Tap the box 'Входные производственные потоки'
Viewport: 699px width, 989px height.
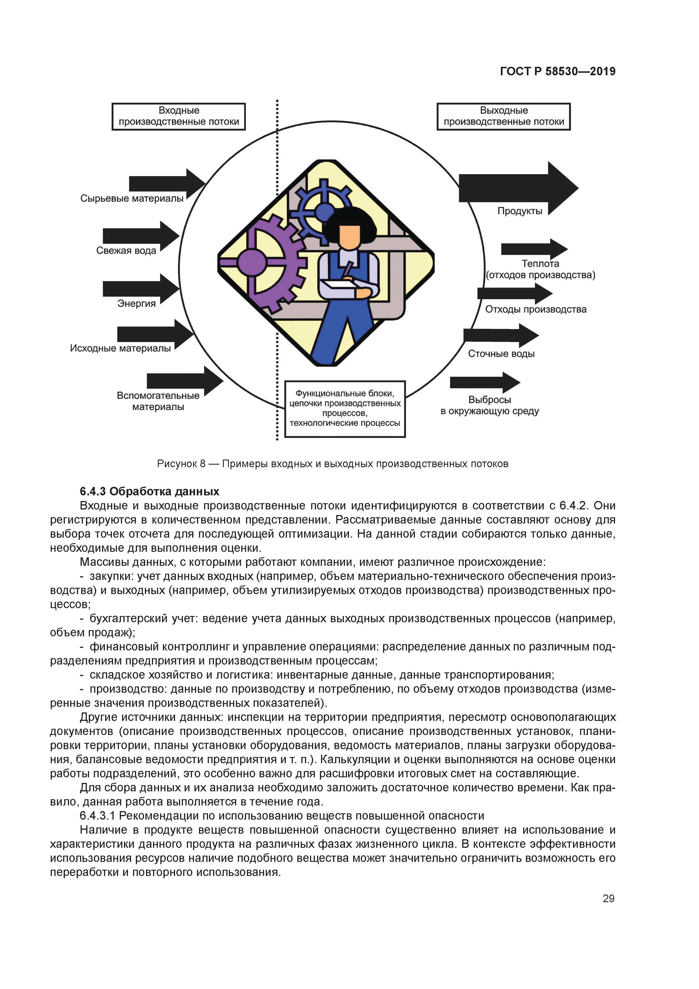tap(179, 116)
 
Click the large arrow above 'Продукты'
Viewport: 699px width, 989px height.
tap(517, 188)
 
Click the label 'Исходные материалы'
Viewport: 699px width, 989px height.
tap(121, 348)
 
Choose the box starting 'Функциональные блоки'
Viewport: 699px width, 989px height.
tap(345, 408)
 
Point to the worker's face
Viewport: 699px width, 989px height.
tap(349, 236)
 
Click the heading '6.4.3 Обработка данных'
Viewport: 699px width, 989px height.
tap(149, 491)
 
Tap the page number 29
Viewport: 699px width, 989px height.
tap(608, 898)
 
